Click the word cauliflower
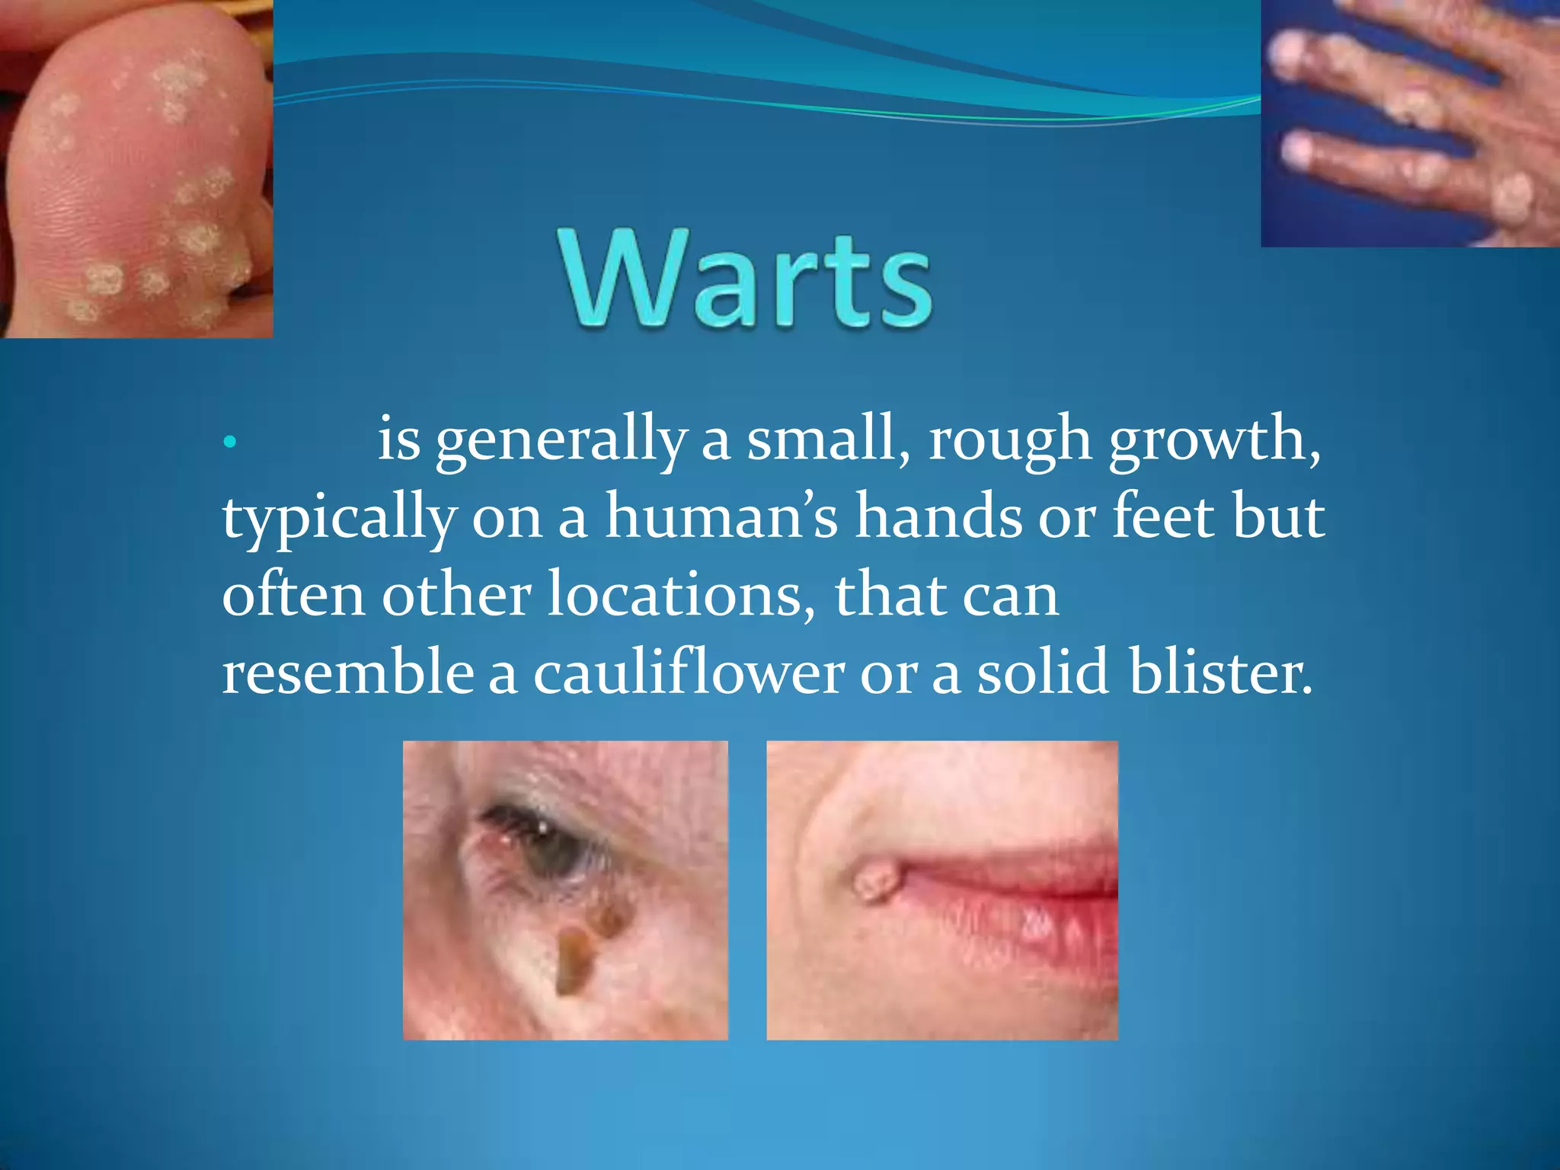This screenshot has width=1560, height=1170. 688,673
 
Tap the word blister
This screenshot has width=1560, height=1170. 1221,673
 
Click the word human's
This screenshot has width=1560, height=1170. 721,518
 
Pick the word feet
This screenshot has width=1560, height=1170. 1164,518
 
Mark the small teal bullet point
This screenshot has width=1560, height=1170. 231,441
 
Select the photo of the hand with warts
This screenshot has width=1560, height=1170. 1410,123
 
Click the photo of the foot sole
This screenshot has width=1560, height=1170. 136,169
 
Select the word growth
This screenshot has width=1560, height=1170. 1214,440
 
